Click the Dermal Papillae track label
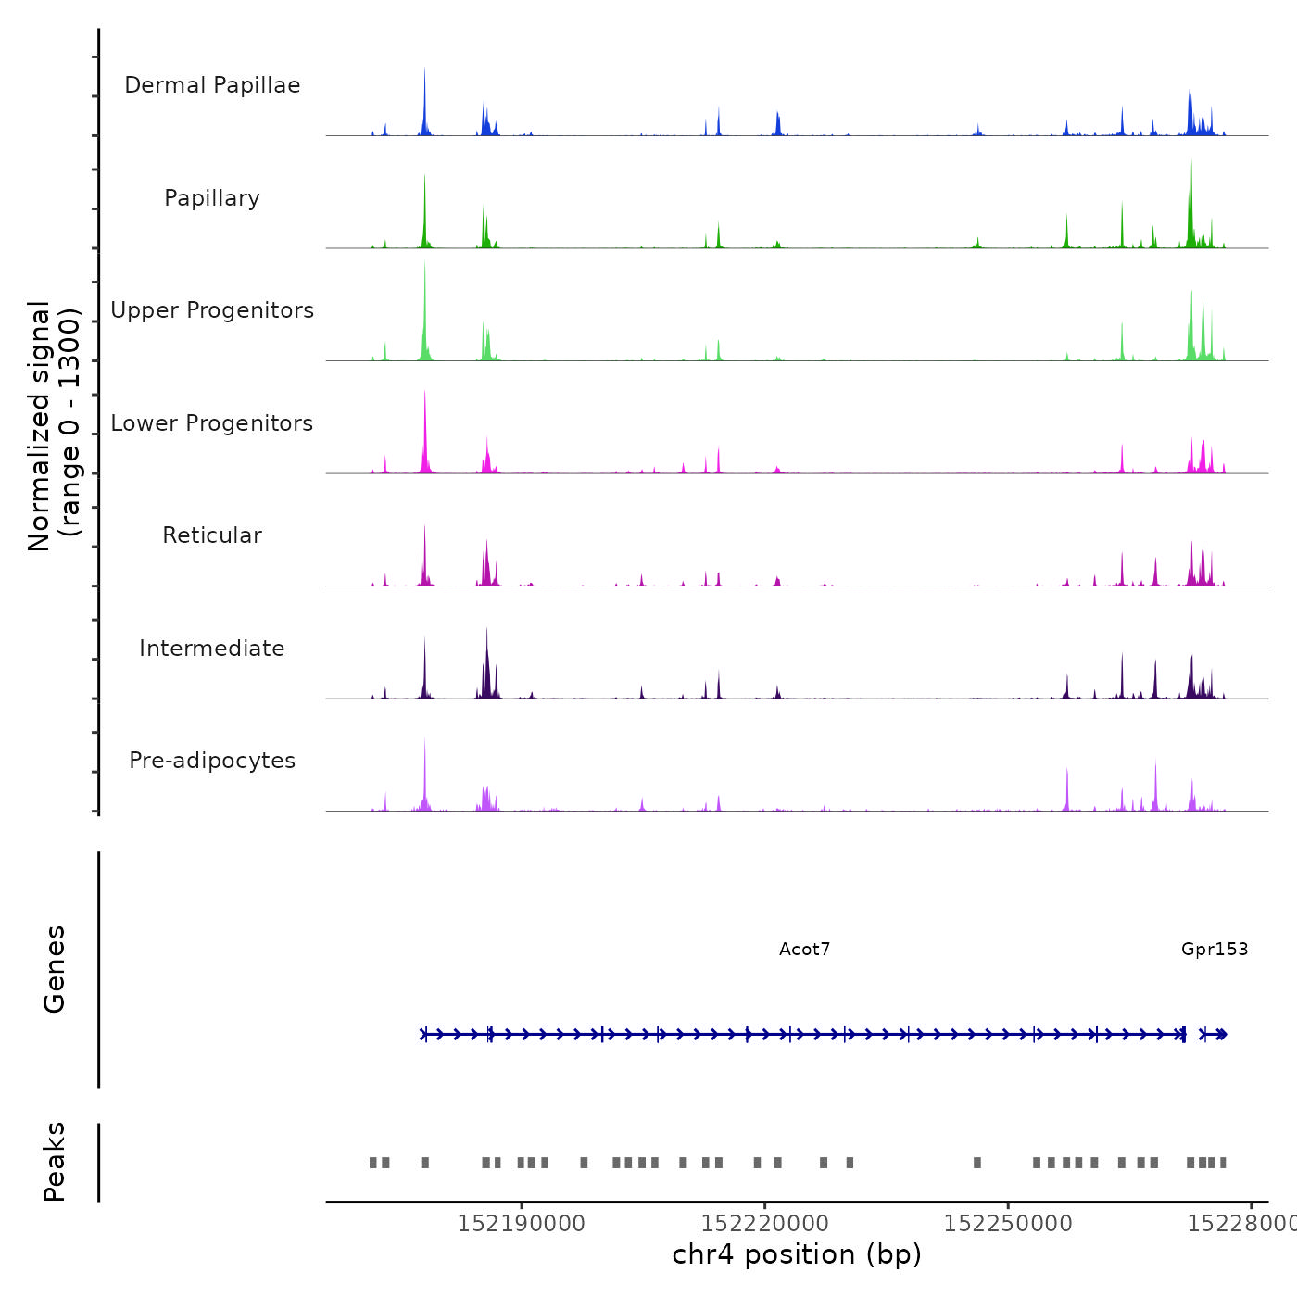tap(212, 85)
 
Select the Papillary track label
tap(212, 198)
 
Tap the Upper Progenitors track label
tap(212, 310)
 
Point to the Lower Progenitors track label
tap(212, 423)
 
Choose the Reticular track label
tap(212, 535)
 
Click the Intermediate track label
tap(212, 648)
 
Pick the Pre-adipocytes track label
tap(212, 761)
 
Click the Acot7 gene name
tap(804, 949)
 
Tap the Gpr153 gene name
tap(1215, 949)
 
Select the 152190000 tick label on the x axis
tap(522, 1224)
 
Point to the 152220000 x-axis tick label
tap(764, 1224)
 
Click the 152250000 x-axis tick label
tap(1008, 1224)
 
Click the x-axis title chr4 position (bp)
tap(797, 1254)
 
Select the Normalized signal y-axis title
tap(54, 426)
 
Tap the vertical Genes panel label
tap(55, 969)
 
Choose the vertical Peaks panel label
tap(55, 1162)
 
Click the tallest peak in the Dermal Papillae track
tap(424, 70)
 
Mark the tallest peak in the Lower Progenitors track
tap(424, 393)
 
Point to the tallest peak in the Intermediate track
tap(486, 631)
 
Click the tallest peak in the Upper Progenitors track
tap(424, 264)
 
